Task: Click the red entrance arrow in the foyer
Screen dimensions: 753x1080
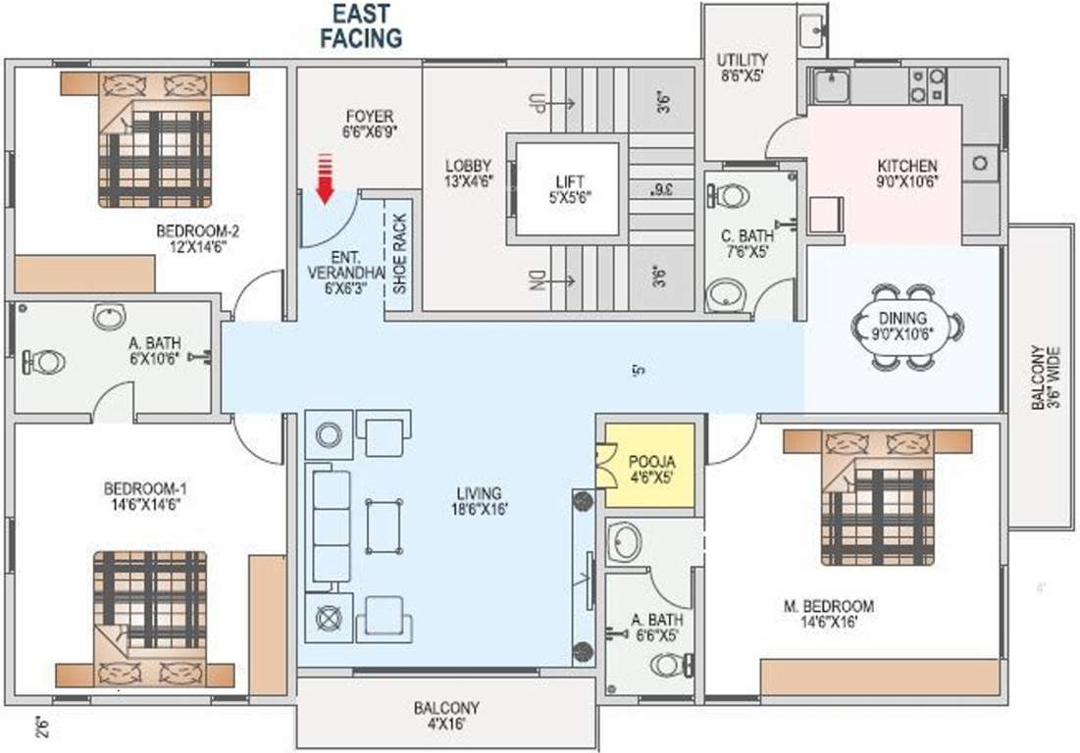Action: [325, 178]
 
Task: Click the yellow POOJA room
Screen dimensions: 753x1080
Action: [648, 466]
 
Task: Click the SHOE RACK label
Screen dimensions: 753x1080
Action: [399, 254]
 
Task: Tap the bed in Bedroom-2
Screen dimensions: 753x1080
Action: [154, 139]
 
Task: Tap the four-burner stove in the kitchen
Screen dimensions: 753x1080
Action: [927, 85]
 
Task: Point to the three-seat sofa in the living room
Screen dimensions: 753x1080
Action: [331, 527]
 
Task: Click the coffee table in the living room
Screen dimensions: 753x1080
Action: [383, 527]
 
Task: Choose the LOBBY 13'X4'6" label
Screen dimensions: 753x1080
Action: [467, 173]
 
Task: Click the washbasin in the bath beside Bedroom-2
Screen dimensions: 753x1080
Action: [108, 317]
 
